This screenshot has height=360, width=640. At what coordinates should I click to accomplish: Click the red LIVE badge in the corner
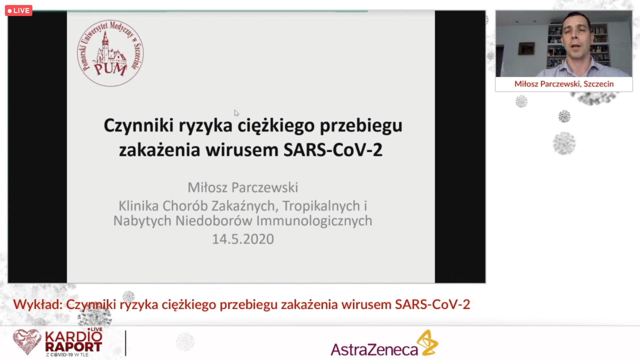click(19, 11)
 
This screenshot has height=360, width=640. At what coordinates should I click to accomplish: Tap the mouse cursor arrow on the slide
click(236, 113)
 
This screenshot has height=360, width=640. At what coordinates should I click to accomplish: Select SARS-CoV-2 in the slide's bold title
click(333, 150)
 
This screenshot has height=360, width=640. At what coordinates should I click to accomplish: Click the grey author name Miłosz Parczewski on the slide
click(243, 188)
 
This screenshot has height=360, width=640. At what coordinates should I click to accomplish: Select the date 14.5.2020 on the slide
click(243, 239)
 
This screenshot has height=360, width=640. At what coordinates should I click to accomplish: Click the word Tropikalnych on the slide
click(321, 206)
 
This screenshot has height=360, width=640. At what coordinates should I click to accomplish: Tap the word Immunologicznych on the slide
click(314, 221)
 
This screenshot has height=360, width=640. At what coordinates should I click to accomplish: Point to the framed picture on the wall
click(526, 48)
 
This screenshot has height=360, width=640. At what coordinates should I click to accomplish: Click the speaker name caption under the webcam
click(564, 84)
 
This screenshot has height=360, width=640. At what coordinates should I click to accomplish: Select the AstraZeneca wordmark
click(374, 350)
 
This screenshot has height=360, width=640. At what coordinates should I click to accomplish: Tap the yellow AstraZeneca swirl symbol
click(428, 343)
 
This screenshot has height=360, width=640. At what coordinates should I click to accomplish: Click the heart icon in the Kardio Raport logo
click(27, 342)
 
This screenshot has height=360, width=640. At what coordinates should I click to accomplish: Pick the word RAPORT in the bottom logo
click(73, 347)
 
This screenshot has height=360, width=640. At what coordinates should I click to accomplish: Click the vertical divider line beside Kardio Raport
click(126, 343)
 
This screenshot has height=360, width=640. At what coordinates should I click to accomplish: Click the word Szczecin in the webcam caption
click(599, 84)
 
